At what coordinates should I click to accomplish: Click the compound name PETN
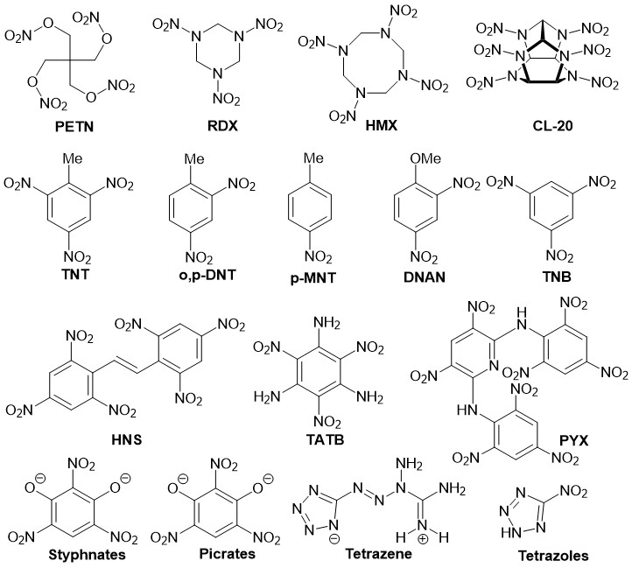coord(74,127)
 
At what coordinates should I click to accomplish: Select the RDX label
coord(222,126)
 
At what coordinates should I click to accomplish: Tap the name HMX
coord(382,125)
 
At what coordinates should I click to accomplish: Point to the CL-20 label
coord(552,126)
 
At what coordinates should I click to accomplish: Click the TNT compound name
coord(75,275)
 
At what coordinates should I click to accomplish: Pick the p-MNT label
coord(312,277)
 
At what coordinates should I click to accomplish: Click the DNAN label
coord(424,277)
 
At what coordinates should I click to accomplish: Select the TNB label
coord(557,277)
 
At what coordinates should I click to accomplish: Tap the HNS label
coord(127,439)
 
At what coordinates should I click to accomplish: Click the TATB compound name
coord(325,439)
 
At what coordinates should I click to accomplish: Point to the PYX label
coord(573,440)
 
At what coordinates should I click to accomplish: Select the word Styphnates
coord(87,555)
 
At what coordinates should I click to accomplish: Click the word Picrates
coord(228,553)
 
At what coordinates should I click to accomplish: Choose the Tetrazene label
coord(378,553)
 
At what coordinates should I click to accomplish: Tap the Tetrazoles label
coord(553,556)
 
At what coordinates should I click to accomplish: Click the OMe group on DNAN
coord(425,158)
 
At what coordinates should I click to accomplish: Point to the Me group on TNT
coord(73,158)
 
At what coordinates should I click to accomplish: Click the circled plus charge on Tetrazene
coord(423,539)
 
